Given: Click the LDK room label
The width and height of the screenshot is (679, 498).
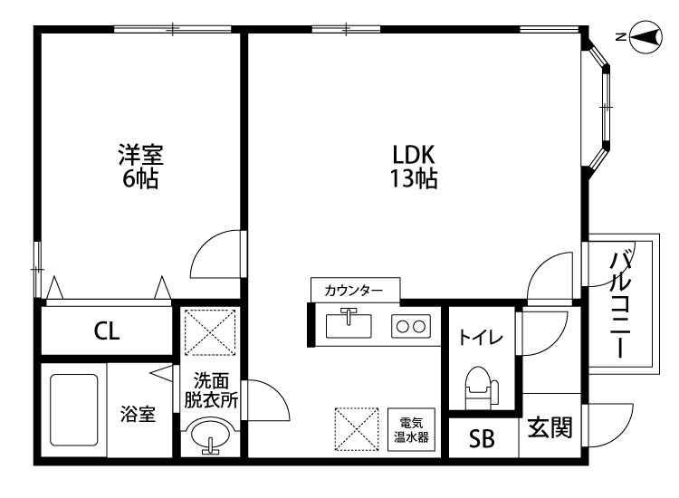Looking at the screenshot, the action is point(413,155).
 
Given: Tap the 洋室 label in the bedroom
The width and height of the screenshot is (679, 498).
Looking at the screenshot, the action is point(140,155).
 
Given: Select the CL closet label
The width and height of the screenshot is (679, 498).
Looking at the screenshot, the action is point(107,331).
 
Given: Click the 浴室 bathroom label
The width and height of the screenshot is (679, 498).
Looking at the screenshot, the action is point(138,414).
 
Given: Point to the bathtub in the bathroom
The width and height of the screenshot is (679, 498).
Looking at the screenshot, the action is point(73,409).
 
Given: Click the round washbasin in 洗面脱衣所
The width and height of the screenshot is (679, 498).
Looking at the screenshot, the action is point(210,435).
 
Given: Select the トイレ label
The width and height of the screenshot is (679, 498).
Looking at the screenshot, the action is point(481,338).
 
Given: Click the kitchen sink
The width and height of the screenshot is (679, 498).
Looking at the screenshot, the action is point(349,325).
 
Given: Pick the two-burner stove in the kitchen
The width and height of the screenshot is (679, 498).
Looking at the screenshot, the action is point(411,326).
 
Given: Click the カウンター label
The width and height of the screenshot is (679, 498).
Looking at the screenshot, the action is point(354,290).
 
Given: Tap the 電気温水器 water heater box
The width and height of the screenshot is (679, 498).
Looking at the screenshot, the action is point(411,429).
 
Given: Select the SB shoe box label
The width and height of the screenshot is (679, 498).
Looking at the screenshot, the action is point(482,438).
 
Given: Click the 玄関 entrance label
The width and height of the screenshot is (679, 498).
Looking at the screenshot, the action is point(550,427).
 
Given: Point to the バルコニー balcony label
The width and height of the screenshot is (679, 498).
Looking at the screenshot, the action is point(620,304).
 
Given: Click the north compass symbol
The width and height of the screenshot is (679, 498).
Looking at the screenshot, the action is point(645,37).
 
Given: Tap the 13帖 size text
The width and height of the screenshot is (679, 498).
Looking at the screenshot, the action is point(414,178).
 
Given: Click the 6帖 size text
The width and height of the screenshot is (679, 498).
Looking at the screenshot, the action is point(139,178).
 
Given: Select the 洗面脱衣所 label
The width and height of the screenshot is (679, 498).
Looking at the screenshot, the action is point(211,390).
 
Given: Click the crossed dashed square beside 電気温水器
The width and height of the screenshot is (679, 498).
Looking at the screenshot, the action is point(357,429).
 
